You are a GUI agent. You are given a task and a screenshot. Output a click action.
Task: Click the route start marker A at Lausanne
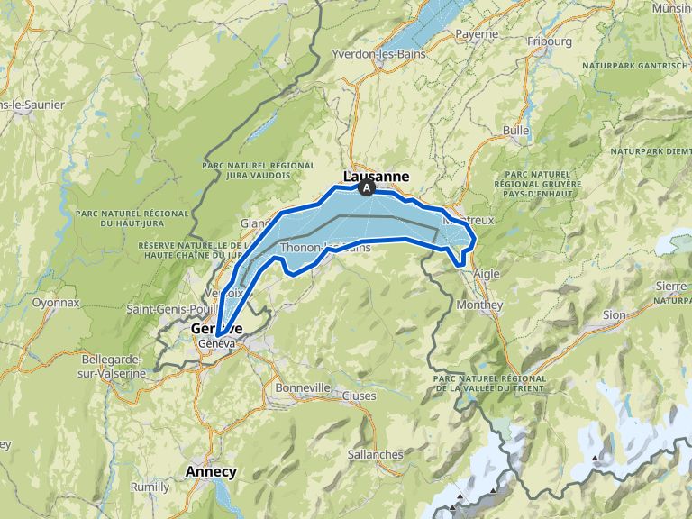point(367,188)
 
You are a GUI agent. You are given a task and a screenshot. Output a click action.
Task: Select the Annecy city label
point(211,471)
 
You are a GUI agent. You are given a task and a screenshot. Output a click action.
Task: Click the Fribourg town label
point(550,41)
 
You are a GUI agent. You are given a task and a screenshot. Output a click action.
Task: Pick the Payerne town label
point(477,34)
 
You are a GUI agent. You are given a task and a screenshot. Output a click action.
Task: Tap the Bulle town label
point(516,131)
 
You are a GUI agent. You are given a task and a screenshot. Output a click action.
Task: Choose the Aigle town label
point(486,273)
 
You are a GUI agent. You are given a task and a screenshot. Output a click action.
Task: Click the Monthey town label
point(479,305)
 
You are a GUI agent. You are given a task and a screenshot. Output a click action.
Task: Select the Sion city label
point(614,314)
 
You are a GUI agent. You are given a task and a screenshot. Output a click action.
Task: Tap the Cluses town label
point(359,396)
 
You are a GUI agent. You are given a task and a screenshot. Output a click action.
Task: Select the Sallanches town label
point(376,455)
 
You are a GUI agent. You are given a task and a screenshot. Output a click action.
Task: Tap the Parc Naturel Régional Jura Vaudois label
point(259,171)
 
